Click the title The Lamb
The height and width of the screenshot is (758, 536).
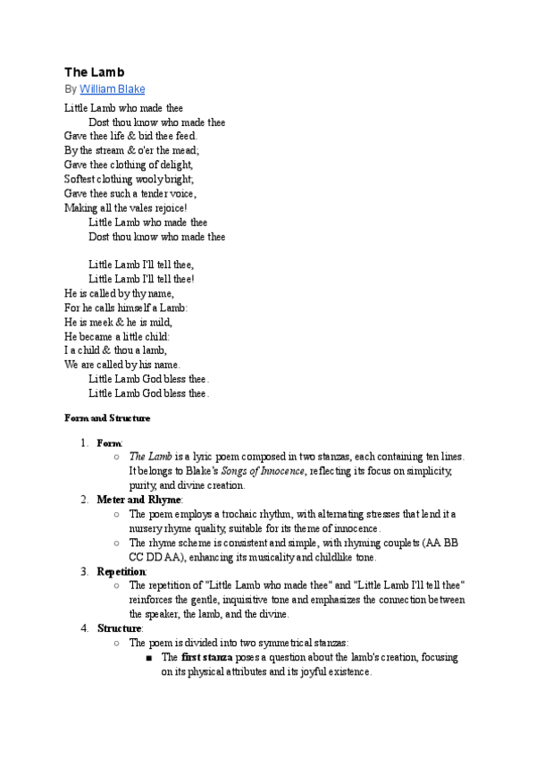(94, 72)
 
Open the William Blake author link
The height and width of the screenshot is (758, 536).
(112, 89)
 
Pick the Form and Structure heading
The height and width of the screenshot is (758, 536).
(107, 417)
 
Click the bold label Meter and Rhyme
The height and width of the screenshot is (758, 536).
(138, 499)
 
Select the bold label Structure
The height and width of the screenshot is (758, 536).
(119, 628)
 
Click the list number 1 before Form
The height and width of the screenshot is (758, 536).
(82, 442)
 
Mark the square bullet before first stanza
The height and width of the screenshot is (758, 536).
(150, 658)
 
